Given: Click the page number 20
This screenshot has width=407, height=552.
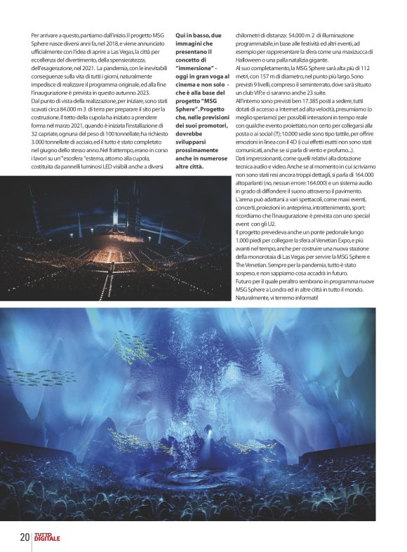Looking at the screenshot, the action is point(25,538).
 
